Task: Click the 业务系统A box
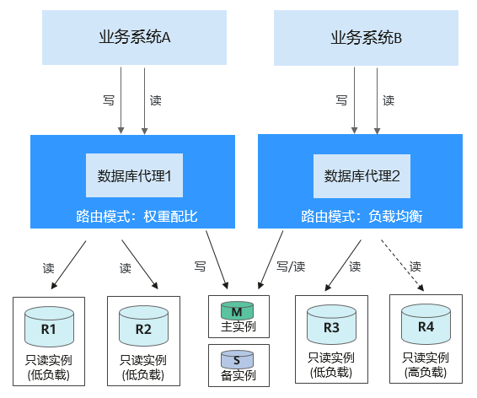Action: click(x=134, y=37)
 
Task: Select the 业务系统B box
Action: click(x=366, y=38)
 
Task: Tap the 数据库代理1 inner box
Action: click(x=134, y=175)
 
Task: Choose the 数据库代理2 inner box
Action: click(x=362, y=176)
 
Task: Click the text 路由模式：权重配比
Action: click(x=137, y=217)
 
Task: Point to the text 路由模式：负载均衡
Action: click(x=362, y=217)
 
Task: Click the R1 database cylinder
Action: click(x=49, y=326)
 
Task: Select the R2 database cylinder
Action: click(x=143, y=325)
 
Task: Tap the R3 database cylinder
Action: click(x=331, y=325)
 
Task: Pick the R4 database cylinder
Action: click(x=426, y=324)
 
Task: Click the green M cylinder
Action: click(x=237, y=310)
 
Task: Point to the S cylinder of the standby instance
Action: click(x=237, y=359)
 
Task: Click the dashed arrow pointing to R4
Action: click(x=402, y=266)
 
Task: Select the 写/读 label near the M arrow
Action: click(x=291, y=266)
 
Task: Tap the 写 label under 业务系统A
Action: click(x=109, y=100)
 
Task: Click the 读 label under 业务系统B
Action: click(x=389, y=100)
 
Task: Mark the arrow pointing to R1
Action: click(x=68, y=265)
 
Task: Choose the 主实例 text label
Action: click(x=238, y=327)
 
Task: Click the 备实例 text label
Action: click(x=238, y=375)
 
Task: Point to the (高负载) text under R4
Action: click(x=426, y=372)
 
